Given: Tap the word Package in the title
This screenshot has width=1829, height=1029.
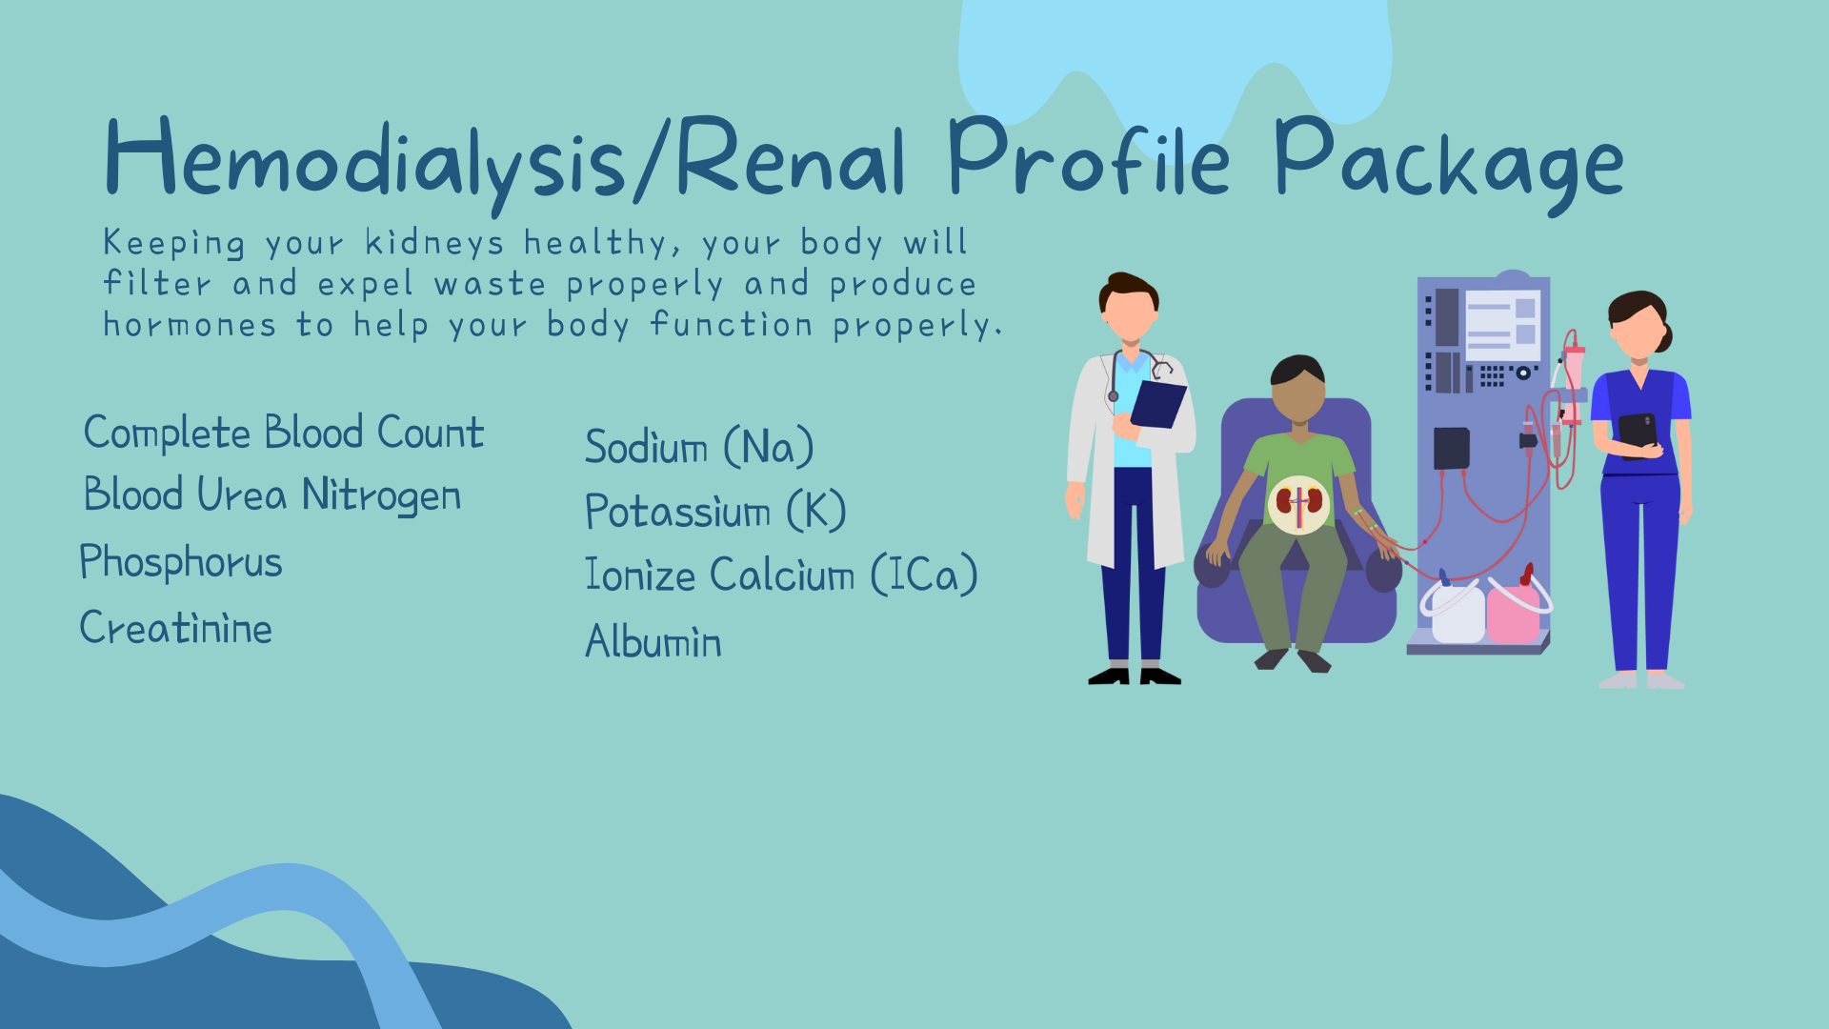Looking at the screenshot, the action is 1448,164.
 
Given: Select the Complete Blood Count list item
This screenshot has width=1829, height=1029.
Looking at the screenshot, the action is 284,434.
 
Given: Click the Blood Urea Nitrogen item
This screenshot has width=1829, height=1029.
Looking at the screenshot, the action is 272,496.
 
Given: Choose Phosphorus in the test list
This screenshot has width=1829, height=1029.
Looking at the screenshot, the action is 181,562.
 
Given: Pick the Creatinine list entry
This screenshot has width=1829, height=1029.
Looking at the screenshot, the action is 176,628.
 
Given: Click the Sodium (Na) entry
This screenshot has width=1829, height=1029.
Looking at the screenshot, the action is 699,448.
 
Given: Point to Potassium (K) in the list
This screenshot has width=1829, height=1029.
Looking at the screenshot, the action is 715,512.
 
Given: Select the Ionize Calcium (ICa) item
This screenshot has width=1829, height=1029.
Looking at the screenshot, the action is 781,575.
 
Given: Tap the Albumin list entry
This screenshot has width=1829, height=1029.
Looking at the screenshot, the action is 653,641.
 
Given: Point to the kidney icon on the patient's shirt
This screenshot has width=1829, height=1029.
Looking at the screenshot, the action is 1298,503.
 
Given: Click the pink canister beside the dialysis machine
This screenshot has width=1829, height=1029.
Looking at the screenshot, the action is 1514,611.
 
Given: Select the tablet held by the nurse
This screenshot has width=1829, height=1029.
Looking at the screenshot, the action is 1638,434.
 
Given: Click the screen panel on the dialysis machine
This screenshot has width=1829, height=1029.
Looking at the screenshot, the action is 1502,325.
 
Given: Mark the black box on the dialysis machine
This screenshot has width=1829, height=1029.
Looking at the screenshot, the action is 1452,448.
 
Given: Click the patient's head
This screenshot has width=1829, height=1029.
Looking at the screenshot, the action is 1297,388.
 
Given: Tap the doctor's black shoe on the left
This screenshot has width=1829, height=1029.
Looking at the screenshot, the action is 1109,676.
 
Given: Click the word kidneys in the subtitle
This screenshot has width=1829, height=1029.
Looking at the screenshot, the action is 434,244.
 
